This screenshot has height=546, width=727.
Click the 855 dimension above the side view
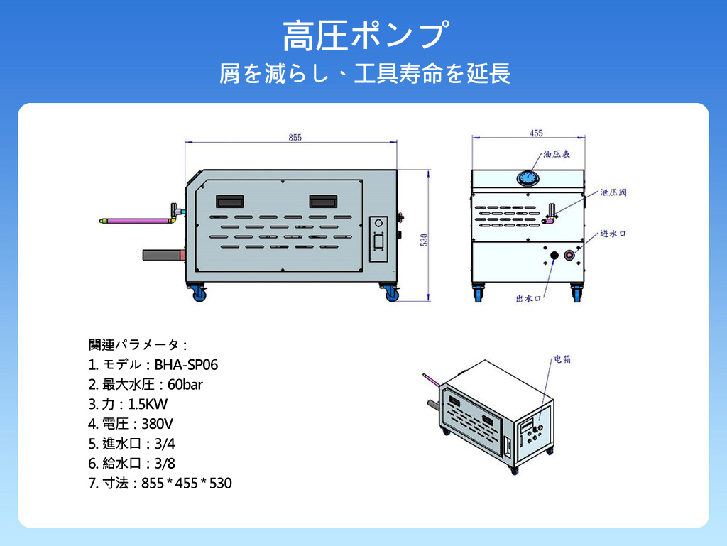295,138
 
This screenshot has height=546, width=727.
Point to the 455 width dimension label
536,133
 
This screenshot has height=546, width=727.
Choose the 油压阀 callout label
613,192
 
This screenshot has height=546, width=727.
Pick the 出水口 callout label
528,299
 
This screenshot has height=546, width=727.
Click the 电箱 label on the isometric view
562,359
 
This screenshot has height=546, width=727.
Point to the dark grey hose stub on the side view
163,254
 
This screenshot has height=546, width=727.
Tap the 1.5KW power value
148,405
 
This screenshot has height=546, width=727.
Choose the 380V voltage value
158,425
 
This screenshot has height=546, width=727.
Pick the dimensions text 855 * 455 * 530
187,484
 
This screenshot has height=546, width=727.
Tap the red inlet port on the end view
569,256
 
